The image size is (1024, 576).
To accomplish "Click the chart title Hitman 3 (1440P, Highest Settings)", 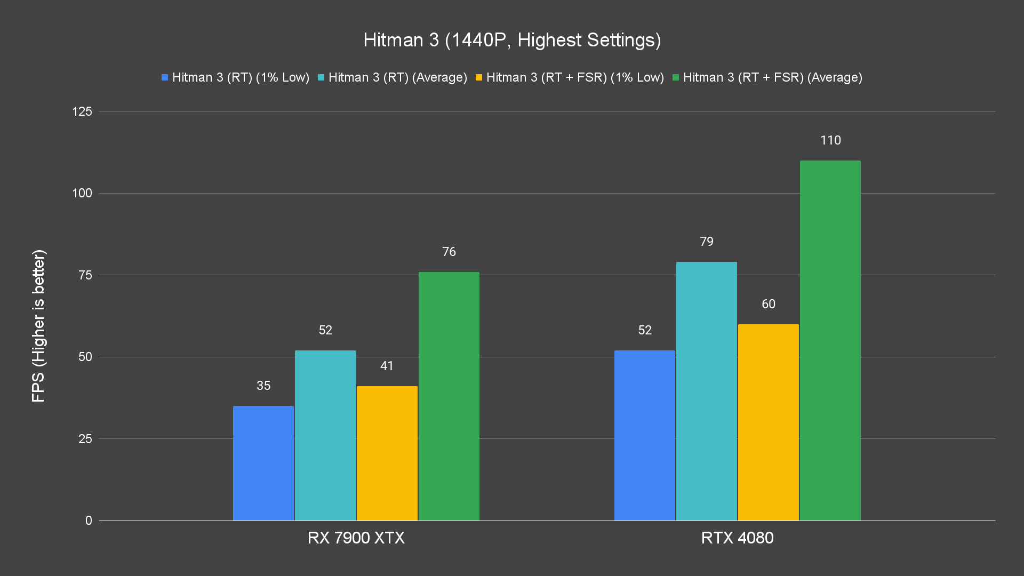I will [x=512, y=40].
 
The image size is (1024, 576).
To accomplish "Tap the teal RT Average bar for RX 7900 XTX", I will [x=325, y=435].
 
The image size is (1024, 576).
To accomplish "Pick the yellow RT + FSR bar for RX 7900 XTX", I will [x=387, y=453].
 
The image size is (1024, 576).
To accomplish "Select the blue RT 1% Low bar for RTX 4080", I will [x=645, y=435].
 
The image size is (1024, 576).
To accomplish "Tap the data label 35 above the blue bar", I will [x=263, y=386].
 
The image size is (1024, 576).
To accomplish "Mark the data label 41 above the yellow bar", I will [x=387, y=366].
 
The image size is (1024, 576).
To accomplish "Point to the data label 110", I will [x=830, y=140].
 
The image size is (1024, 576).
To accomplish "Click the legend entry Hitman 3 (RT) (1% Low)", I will [x=236, y=77].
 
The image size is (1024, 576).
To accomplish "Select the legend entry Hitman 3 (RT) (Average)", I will [x=393, y=77].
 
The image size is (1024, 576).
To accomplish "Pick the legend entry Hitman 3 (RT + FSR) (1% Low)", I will [x=570, y=77].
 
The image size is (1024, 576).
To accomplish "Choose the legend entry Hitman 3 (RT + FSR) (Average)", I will [x=767, y=77].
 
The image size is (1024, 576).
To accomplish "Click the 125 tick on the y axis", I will [x=82, y=111].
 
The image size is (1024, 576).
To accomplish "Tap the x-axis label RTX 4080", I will [x=737, y=538].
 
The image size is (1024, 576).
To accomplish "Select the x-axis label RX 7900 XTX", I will [x=356, y=538].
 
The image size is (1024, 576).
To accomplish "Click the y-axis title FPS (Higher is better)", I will [x=38, y=325].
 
